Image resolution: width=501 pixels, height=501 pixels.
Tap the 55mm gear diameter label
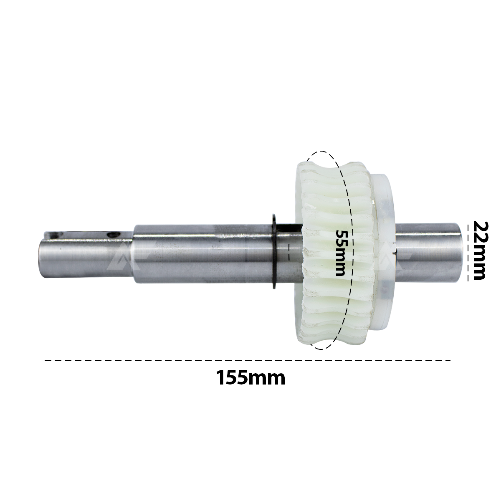point(340,253)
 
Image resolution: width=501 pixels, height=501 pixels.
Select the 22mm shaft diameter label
point(479,250)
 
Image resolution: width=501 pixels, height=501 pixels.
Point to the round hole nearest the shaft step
point(114,235)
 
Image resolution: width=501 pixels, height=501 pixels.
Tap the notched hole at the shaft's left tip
point(55,235)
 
